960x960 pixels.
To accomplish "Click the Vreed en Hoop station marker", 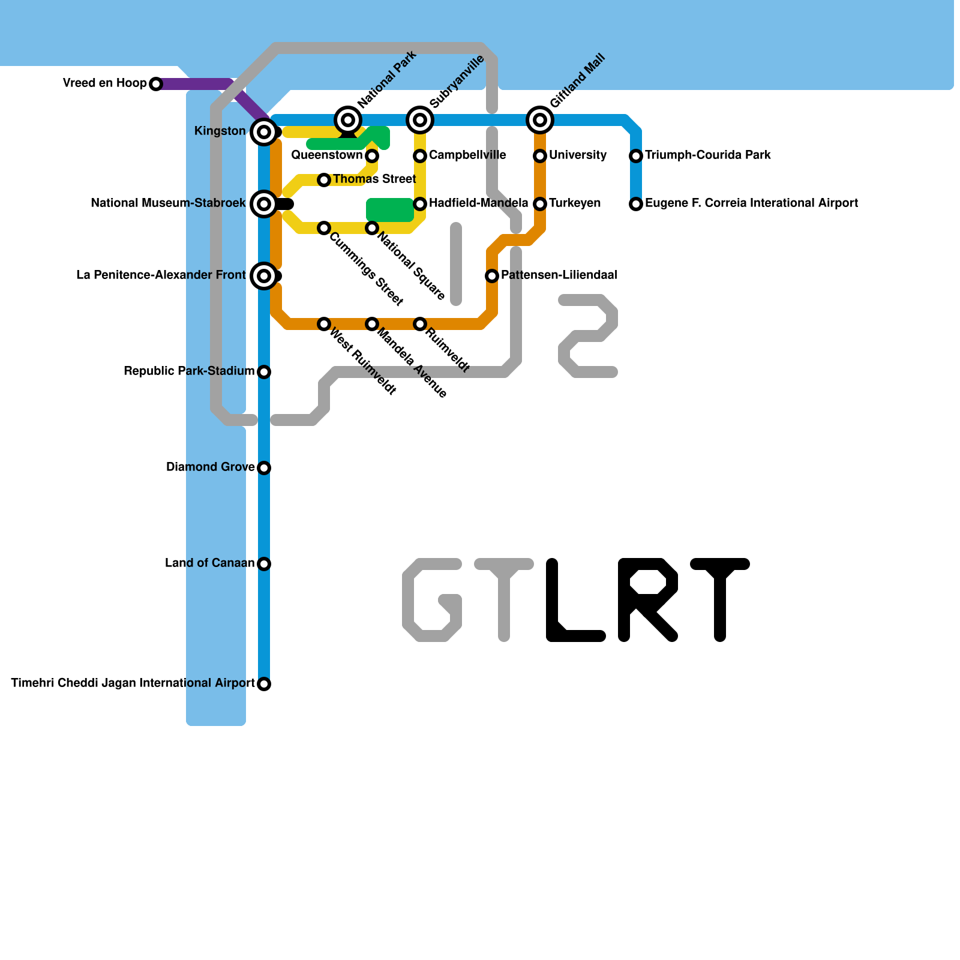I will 156,84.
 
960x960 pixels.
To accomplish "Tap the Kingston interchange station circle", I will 264,131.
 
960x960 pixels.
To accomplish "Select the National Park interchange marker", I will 348,120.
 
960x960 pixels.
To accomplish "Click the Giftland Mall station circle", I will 540,120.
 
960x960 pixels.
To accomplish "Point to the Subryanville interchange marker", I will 420,120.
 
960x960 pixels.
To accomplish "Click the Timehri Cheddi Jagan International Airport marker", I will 264,684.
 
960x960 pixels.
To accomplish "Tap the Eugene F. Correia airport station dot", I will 636,204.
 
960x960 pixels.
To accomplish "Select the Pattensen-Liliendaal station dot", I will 492,276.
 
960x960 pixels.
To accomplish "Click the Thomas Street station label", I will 374,179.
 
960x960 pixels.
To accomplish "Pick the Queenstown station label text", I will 327,155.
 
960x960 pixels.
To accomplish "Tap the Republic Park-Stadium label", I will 189,371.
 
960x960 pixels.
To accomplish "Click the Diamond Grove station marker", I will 264,468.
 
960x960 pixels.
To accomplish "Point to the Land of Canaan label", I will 210,563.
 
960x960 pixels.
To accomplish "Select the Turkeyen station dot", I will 540,204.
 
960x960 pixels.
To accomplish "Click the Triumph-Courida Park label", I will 708,155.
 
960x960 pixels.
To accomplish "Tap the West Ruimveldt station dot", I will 324,324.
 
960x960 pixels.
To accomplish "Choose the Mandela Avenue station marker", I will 372,324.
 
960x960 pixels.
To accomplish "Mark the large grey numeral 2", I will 588,336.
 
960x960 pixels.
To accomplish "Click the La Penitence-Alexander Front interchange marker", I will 264,276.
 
